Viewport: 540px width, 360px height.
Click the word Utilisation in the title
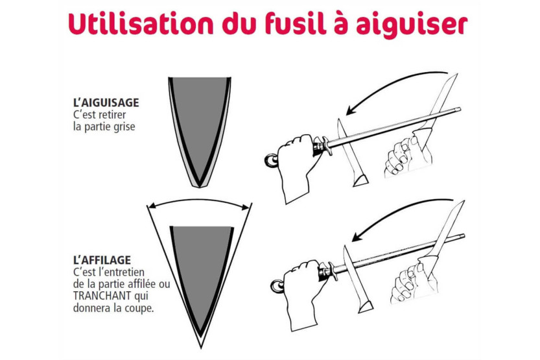(x=141, y=24)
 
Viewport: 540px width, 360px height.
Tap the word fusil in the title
(x=296, y=24)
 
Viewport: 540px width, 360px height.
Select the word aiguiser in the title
(x=412, y=25)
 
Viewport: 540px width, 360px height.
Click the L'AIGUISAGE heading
(x=106, y=102)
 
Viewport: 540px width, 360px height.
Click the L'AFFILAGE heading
(x=102, y=259)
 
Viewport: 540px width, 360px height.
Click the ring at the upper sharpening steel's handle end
(x=271, y=160)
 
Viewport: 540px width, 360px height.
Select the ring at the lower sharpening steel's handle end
(x=277, y=285)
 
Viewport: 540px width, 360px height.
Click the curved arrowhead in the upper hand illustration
(x=351, y=110)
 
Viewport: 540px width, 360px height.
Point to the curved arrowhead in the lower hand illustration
(x=357, y=236)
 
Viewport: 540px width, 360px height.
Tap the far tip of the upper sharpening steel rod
(x=460, y=110)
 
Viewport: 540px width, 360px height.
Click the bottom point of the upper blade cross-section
(x=199, y=187)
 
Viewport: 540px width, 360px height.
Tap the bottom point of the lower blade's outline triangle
(x=201, y=348)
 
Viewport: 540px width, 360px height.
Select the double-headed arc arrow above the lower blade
(x=199, y=200)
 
